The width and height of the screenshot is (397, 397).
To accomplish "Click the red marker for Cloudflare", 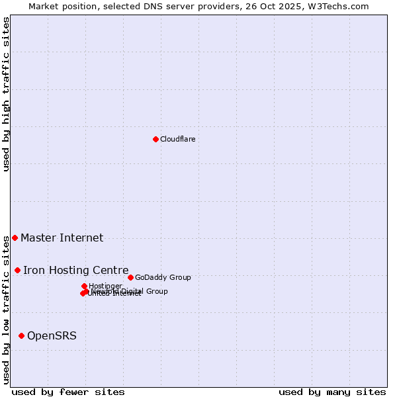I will pyautogui.click(x=155, y=139).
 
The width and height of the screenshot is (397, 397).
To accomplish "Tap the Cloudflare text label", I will pyautogui.click(x=177, y=139).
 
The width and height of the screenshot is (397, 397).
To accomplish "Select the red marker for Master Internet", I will pyautogui.click(x=15, y=238).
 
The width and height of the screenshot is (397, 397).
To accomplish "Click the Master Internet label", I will pyautogui.click(x=62, y=238).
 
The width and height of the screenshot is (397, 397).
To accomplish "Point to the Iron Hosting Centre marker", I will pyautogui.click(x=17, y=270).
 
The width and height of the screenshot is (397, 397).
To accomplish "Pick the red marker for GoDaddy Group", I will pyautogui.click(x=130, y=277).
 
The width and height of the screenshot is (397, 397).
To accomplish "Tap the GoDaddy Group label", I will pyautogui.click(x=163, y=277).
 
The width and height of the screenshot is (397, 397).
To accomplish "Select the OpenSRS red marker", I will pyautogui.click(x=21, y=335).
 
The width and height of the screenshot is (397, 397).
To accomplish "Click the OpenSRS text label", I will pyautogui.click(x=52, y=335).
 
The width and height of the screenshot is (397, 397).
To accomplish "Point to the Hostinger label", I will pyautogui.click(x=105, y=286).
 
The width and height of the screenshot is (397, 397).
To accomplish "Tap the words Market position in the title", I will pyautogui.click(x=60, y=6).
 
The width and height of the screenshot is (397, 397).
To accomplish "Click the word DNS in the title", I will pyautogui.click(x=146, y=6).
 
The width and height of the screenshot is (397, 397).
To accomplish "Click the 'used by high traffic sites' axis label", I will pyautogui.click(x=6, y=94).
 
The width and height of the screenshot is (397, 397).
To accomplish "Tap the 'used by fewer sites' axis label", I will pyautogui.click(x=68, y=392).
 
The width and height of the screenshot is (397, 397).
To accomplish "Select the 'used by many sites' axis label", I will pyautogui.click(x=332, y=392).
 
